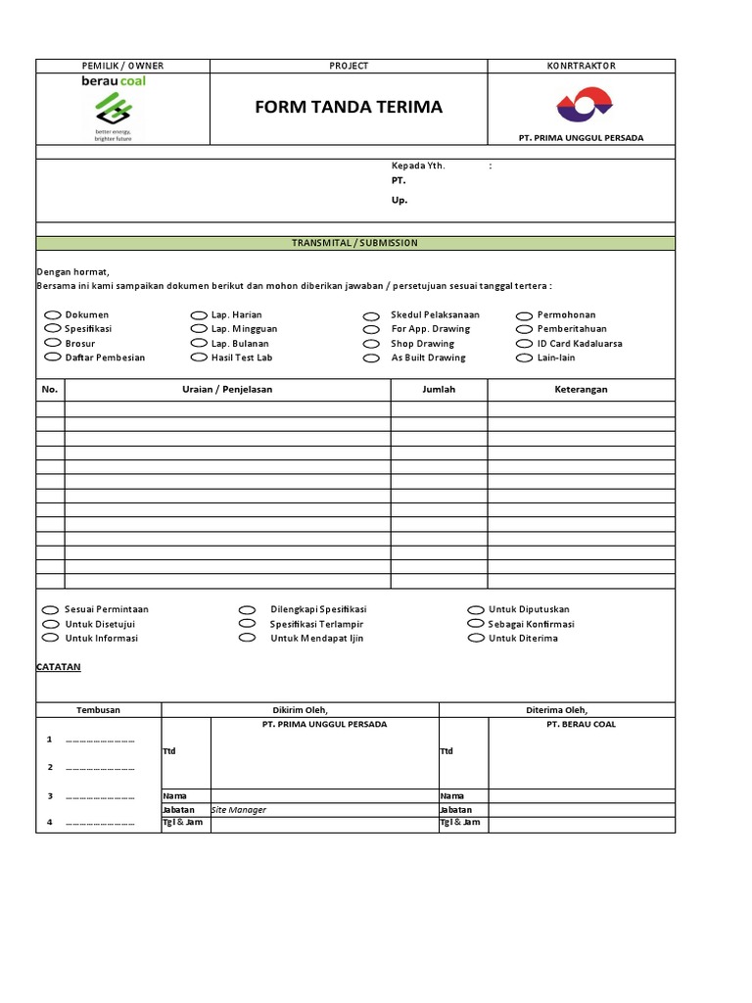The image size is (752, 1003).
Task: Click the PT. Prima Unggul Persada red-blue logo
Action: [584, 103]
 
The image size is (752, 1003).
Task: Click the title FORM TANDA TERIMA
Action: [349, 107]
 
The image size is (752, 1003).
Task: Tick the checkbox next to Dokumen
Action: [53, 315]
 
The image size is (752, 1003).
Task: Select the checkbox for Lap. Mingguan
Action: [200, 330]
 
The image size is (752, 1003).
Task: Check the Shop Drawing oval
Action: [371, 345]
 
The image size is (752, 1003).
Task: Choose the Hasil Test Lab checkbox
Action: [200, 358]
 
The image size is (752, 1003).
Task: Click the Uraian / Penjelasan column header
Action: [227, 389]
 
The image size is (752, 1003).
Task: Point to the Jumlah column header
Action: [438, 389]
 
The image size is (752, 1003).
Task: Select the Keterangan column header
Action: [581, 389]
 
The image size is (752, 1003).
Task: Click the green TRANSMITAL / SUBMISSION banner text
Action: [354, 243]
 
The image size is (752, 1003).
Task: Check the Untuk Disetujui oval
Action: [51, 624]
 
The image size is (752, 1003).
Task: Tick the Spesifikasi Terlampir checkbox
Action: [248, 624]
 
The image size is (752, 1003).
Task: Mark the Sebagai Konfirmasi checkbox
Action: [476, 624]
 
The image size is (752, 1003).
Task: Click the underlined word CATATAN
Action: [59, 667]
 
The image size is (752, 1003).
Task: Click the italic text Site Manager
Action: [239, 810]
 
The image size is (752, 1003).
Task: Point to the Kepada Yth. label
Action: [418, 166]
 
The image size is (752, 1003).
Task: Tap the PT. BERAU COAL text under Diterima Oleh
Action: [581, 724]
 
